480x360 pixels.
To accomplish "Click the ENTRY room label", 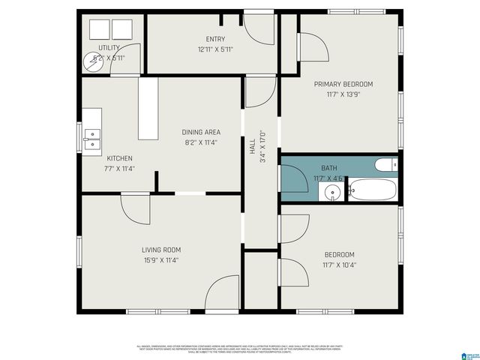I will [215, 39].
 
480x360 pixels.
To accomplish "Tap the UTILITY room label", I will [109, 47].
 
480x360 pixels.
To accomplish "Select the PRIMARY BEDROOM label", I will [343, 84].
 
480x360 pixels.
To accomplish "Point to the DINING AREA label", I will [201, 132].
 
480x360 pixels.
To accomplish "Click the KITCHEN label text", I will [119, 158].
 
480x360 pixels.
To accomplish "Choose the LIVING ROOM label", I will [161, 250].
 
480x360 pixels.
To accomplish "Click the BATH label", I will [329, 168].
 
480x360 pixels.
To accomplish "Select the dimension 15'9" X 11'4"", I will [161, 261].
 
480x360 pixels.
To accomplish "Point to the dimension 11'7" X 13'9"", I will [343, 95].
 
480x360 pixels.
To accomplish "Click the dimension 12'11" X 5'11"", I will [215, 49].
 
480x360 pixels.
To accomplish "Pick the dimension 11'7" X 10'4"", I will [339, 265].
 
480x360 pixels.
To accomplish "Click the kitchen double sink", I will [91, 139].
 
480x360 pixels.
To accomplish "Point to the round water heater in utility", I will [95, 61].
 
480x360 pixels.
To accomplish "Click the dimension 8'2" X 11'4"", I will [201, 142].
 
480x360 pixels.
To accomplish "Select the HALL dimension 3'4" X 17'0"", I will [263, 147].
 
